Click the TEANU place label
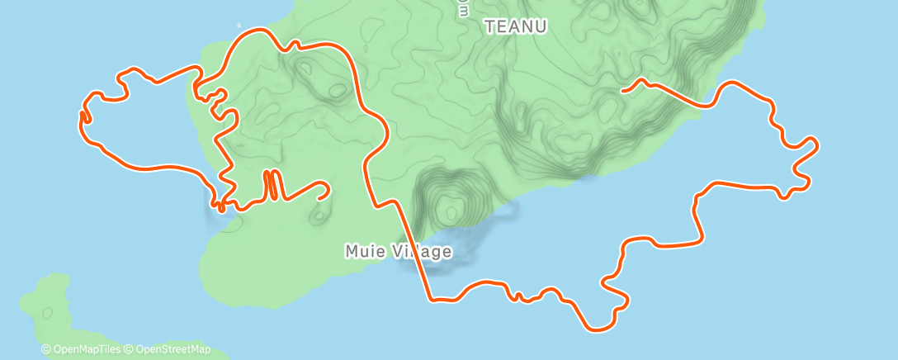coord(515,26)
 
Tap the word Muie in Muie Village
coord(362,251)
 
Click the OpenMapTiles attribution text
coord(86,350)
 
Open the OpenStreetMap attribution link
coord(172,350)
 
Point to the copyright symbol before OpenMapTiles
coord(46,350)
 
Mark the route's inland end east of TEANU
coord(622,90)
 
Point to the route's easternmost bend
coord(816,146)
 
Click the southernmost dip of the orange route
coord(600,329)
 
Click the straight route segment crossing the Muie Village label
coord(414,251)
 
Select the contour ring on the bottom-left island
coord(47,313)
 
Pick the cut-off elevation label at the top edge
coord(463,7)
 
